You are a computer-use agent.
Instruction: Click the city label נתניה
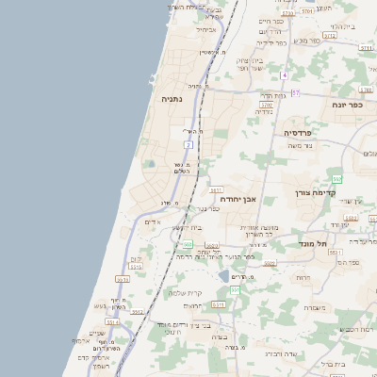tap(172, 98)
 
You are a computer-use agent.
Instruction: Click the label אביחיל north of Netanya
tap(206, 29)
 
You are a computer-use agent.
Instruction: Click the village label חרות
tap(303, 278)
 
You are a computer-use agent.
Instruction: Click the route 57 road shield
tap(296, 92)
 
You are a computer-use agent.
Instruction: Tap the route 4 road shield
tap(283, 74)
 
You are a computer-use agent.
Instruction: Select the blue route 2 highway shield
tap(188, 145)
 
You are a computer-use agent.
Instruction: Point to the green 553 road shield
tap(336, 178)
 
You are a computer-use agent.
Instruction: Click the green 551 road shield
tap(235, 289)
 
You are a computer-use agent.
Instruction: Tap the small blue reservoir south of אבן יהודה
tap(223, 276)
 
